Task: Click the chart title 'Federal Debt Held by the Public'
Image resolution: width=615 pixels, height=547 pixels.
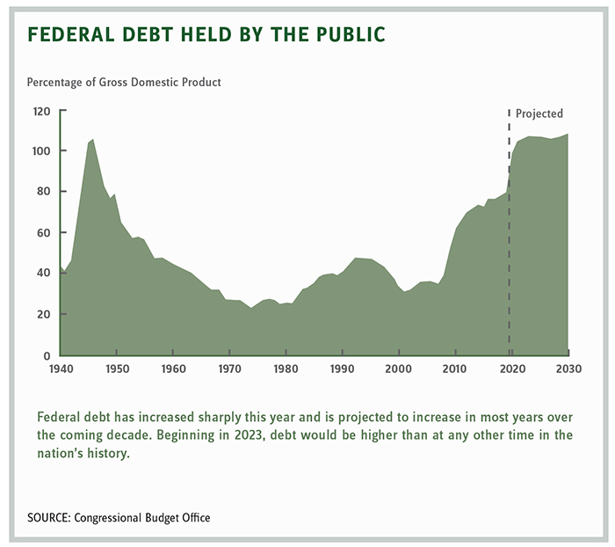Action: click(x=206, y=35)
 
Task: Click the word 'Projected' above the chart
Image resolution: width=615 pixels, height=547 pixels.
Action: click(x=539, y=113)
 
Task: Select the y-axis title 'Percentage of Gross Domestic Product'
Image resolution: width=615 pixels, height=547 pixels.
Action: click(x=124, y=83)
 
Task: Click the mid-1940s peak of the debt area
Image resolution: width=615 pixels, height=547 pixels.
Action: click(x=93, y=141)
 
